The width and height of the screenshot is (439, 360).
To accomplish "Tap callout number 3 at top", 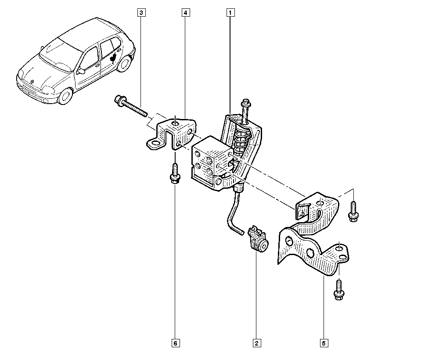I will [x=140, y=13].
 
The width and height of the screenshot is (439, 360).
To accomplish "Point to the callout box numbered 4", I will [x=186, y=13].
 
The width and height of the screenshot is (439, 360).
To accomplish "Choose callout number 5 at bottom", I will [x=324, y=342].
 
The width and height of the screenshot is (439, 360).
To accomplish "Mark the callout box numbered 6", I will [x=175, y=342].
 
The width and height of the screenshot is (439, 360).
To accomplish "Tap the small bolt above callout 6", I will [x=175, y=174].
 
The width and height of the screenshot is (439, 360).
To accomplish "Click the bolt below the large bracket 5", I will [x=338, y=290].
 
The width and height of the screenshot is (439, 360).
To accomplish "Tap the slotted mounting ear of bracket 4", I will [x=154, y=144].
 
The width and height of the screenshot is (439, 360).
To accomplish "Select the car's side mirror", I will [x=81, y=71].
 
